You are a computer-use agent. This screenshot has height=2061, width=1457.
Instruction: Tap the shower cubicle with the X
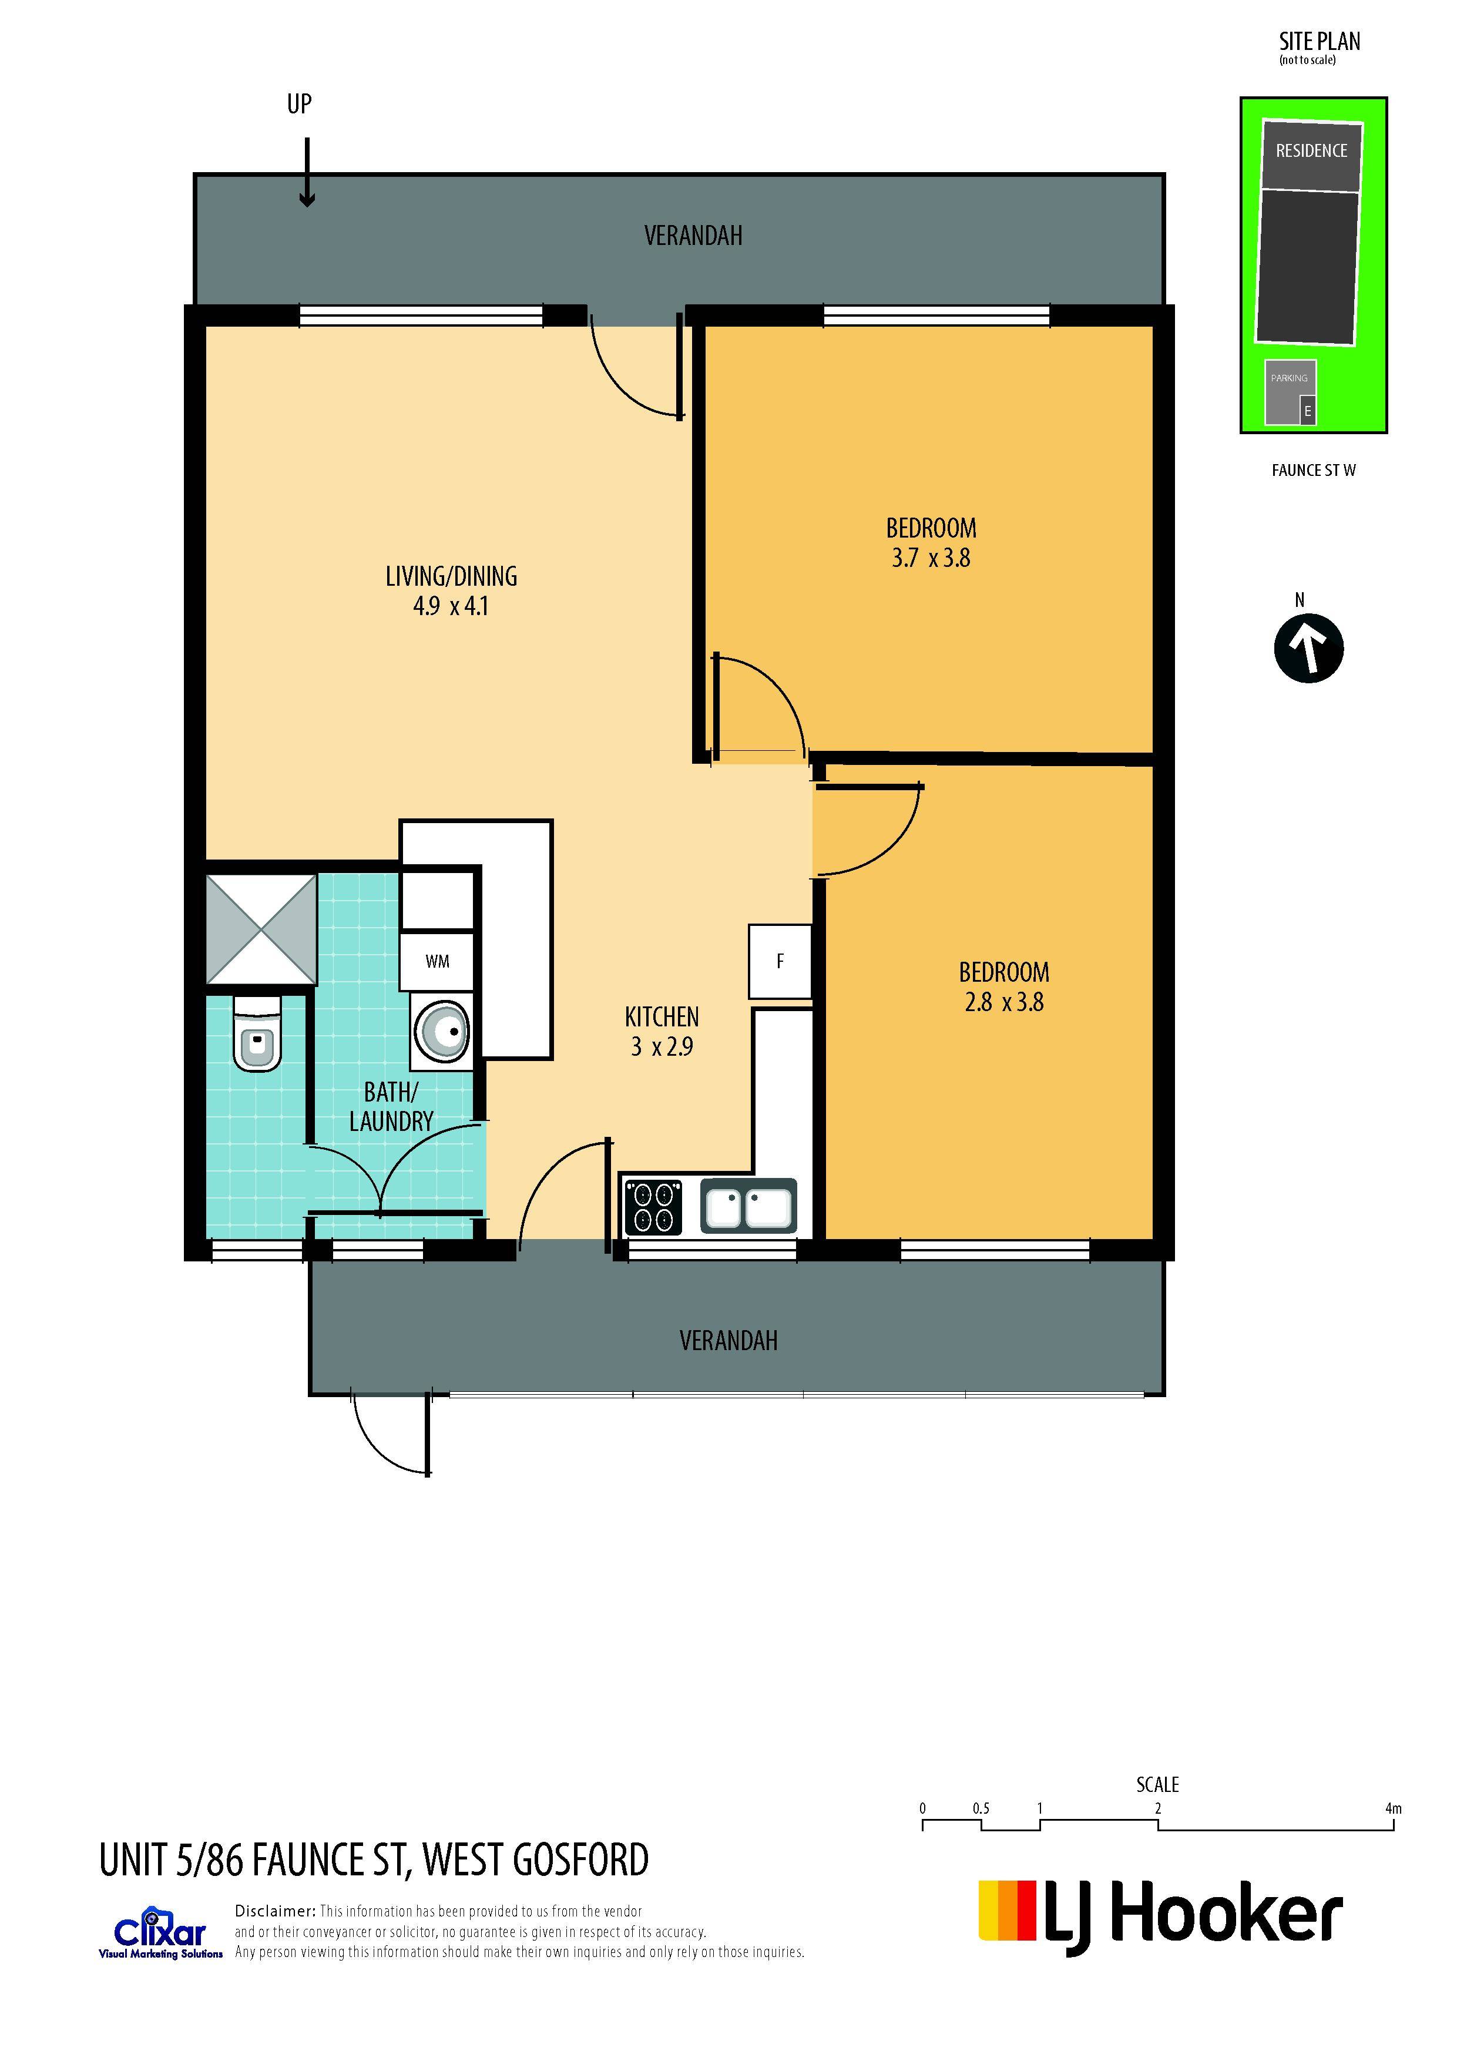pos(261,929)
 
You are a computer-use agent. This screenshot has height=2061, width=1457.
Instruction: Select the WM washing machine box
pos(437,961)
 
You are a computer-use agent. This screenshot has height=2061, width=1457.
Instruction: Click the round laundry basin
pos(442,1032)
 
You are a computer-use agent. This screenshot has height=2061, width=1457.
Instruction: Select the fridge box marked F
pos(780,961)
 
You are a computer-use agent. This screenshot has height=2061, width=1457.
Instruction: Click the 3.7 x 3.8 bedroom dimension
pos(931,558)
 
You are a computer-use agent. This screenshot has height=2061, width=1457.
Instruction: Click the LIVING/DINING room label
pos(452,576)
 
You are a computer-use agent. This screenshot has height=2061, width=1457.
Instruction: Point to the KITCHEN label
pos(662,1017)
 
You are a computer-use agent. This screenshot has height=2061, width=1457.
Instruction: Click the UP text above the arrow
pos(299,104)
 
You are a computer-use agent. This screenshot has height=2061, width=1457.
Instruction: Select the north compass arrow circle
pos(1308,648)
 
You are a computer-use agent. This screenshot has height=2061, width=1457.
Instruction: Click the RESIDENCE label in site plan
pos(1311,151)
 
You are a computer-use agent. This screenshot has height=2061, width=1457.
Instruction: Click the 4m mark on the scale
pos(1392,1809)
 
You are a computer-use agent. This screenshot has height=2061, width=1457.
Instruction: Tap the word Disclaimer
pos(275,1911)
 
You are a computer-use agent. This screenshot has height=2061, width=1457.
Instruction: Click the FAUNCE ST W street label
pos(1314,471)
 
